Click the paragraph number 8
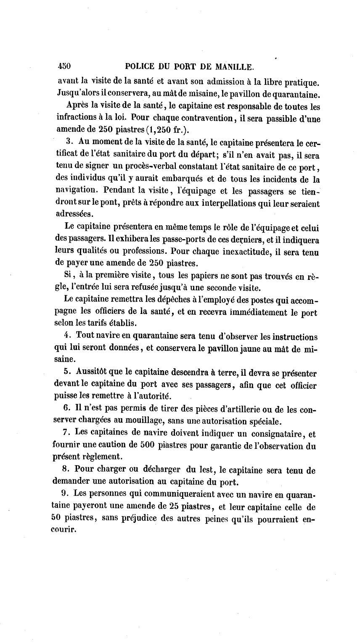coord(66,470)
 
